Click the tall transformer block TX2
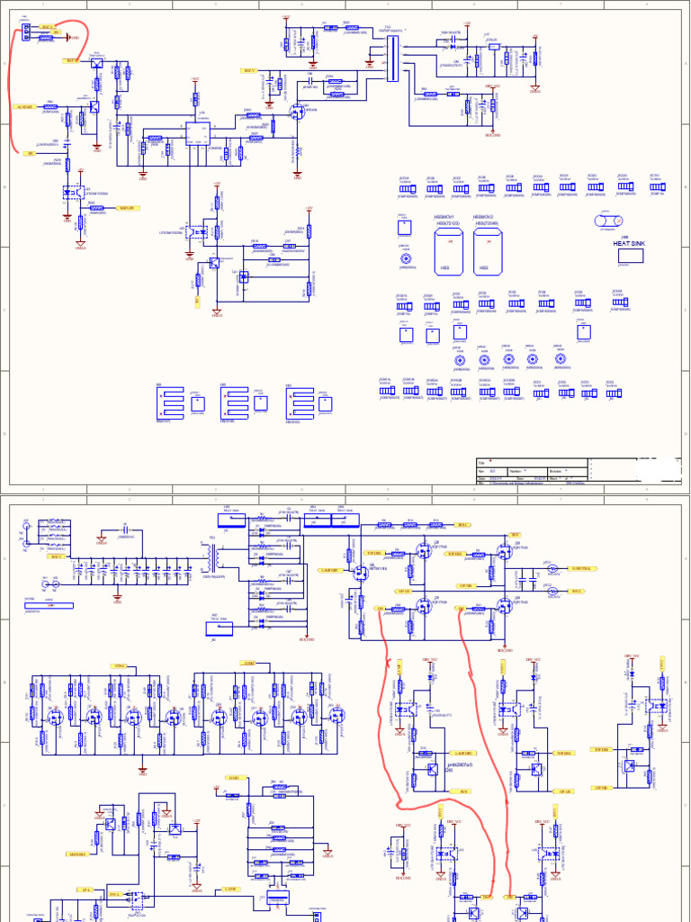390,59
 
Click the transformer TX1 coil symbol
212,566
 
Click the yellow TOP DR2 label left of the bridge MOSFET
455,554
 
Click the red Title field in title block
490,461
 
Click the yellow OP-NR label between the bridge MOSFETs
466,584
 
